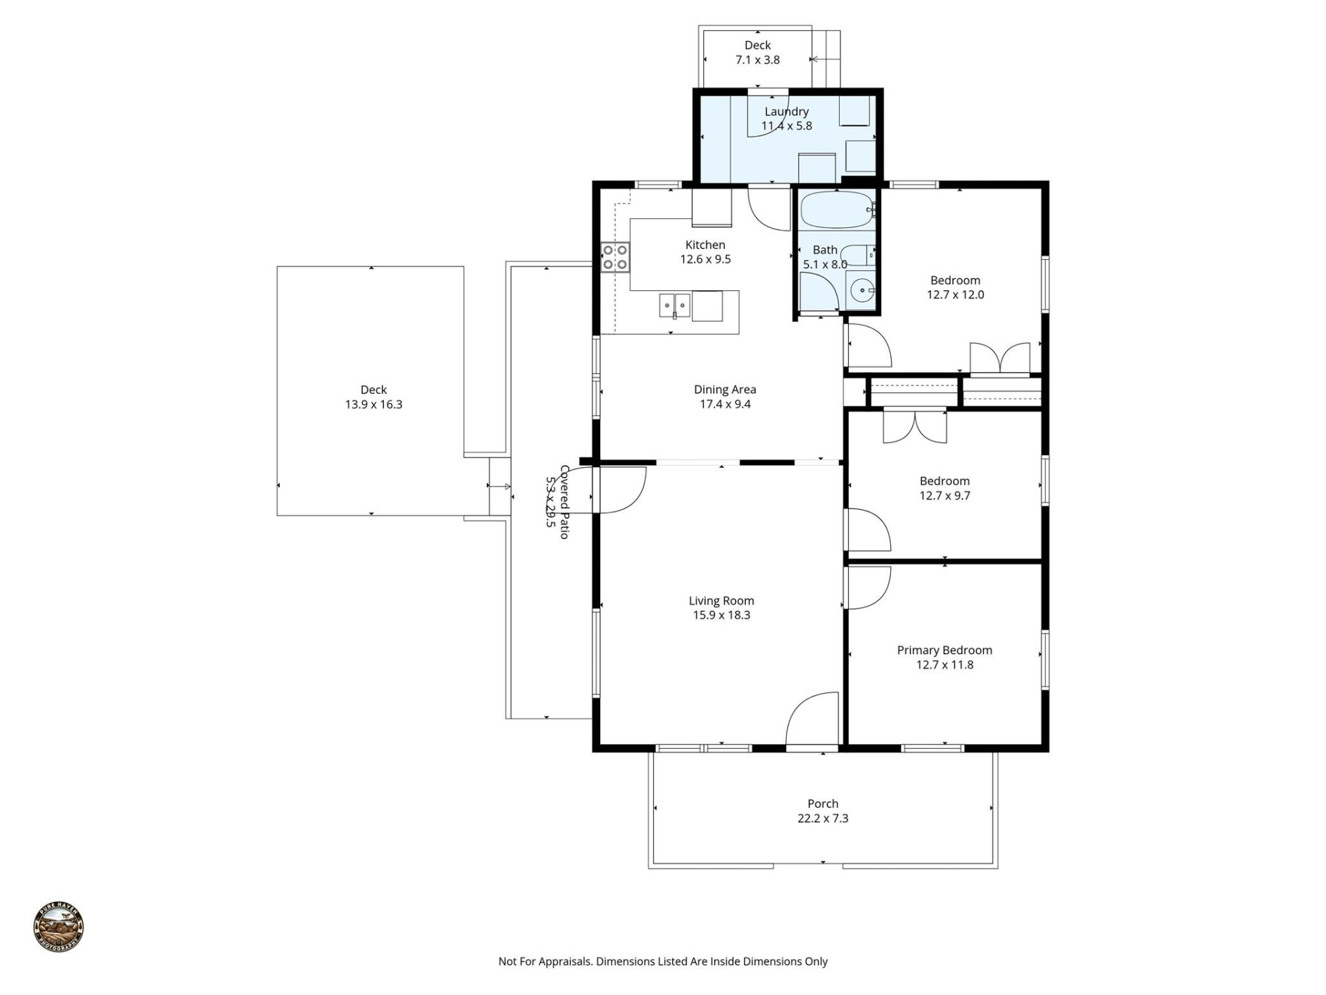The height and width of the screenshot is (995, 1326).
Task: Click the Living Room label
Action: point(721,601)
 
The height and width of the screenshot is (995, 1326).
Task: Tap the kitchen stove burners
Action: point(615,257)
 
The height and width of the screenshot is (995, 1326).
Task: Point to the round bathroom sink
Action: point(861,291)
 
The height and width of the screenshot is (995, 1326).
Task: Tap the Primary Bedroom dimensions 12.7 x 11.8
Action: point(944,665)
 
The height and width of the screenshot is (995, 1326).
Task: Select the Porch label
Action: point(823,804)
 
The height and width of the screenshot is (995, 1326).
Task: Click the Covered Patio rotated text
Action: point(558,502)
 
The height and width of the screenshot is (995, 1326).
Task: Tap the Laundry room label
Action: point(786,112)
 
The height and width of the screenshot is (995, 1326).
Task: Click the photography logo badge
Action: point(59,927)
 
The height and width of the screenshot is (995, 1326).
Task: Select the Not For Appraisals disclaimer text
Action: point(662,961)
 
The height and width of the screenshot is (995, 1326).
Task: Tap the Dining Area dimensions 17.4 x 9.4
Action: point(724,404)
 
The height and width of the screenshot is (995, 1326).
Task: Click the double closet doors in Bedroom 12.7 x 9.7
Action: point(915,427)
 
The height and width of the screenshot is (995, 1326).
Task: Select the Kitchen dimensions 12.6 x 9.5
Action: point(705,259)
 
